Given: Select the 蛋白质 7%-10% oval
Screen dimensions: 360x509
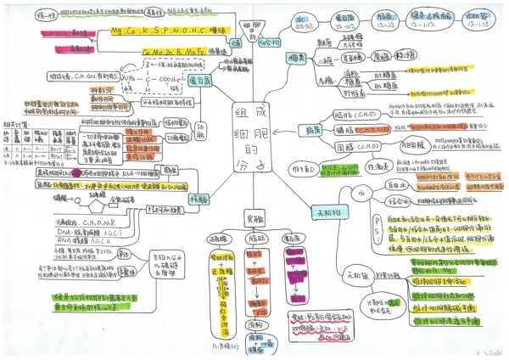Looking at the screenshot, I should (346, 19).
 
